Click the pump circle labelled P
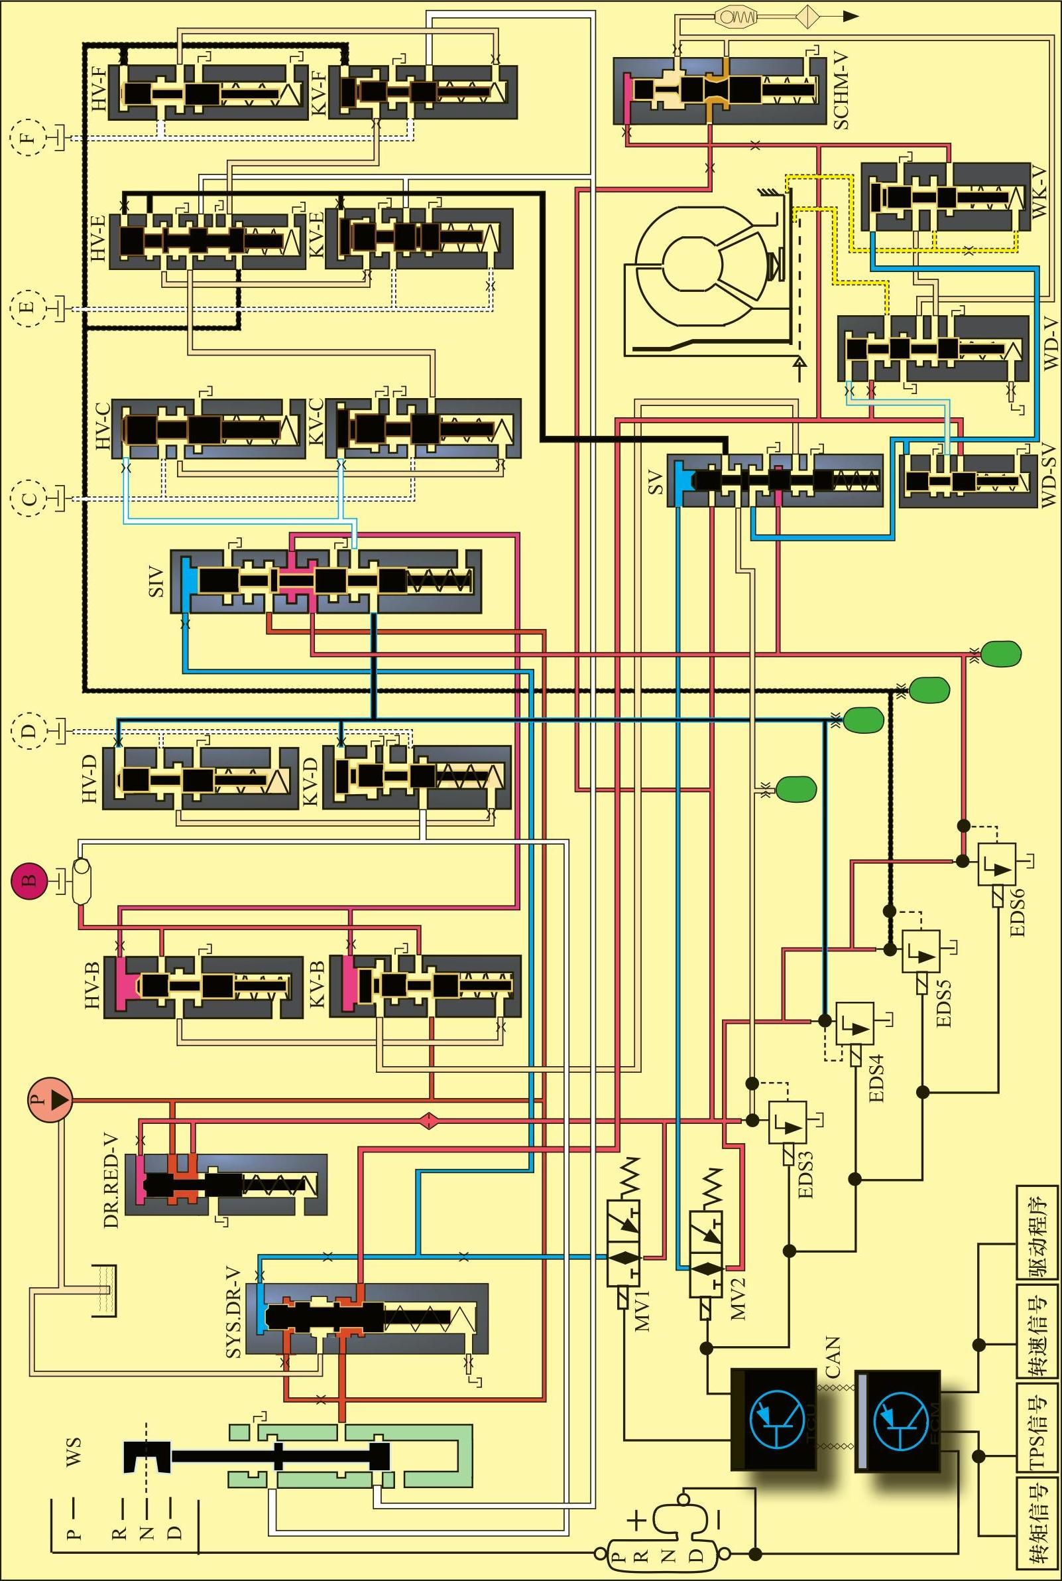pos(50,1099)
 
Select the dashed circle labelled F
pos(28,137)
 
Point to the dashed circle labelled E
pos(28,309)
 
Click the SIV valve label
pos(156,581)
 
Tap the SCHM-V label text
pos(841,91)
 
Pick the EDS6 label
pos(1018,912)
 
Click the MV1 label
pos(642,1310)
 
